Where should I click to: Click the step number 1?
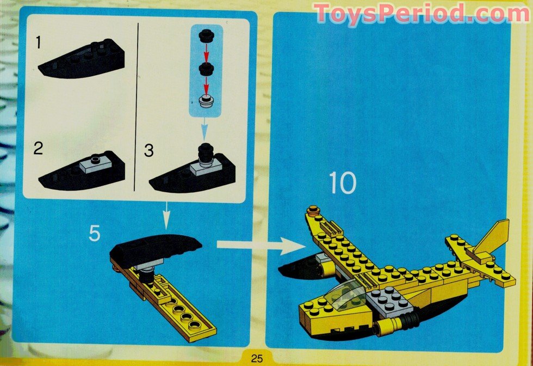38,42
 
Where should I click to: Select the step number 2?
38,148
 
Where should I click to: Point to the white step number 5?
95,234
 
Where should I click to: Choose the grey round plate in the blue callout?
206,101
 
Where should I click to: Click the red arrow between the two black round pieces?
206,53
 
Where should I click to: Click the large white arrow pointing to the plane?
261,246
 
